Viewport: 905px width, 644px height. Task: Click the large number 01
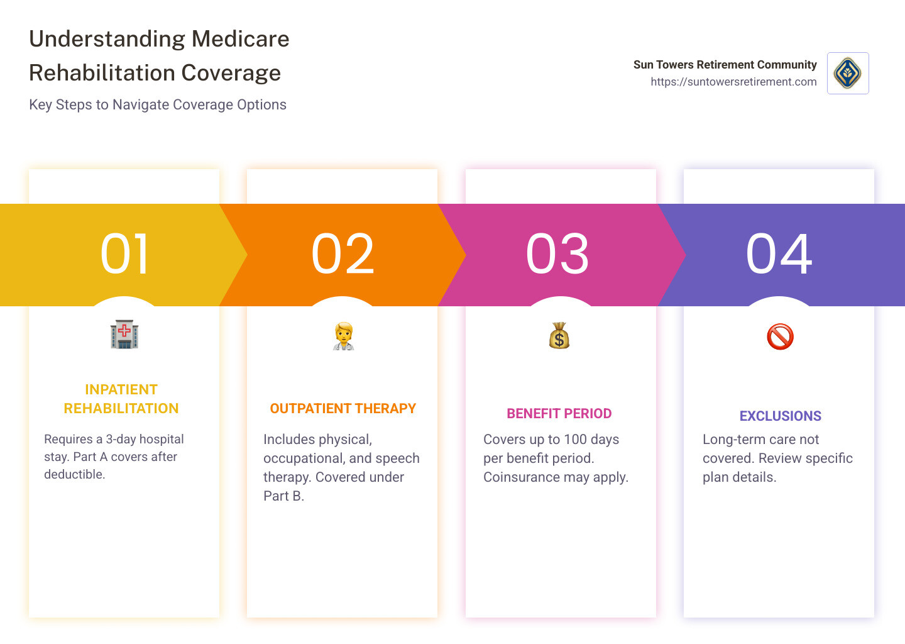point(124,253)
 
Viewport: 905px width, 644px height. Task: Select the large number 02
point(343,253)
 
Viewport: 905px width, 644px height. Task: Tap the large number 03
point(557,253)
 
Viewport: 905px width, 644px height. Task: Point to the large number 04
point(779,253)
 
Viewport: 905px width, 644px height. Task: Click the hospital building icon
point(124,335)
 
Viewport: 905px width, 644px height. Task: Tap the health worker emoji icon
point(343,336)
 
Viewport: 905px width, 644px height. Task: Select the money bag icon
point(559,336)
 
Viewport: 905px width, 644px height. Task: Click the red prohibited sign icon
point(780,336)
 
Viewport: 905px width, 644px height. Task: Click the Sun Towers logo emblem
point(848,73)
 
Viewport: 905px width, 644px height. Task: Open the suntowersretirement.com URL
point(733,82)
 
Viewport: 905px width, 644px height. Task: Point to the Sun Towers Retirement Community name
point(725,65)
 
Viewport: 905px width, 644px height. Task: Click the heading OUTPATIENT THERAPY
point(343,408)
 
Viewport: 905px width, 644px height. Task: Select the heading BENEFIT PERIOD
point(559,414)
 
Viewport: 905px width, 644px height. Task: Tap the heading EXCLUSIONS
point(780,416)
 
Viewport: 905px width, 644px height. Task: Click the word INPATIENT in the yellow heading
point(121,389)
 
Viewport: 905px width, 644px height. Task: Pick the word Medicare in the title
point(240,39)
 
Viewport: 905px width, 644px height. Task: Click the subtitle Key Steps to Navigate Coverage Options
point(158,104)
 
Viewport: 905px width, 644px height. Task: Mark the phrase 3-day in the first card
point(121,439)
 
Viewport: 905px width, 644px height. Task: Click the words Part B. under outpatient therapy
point(283,496)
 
